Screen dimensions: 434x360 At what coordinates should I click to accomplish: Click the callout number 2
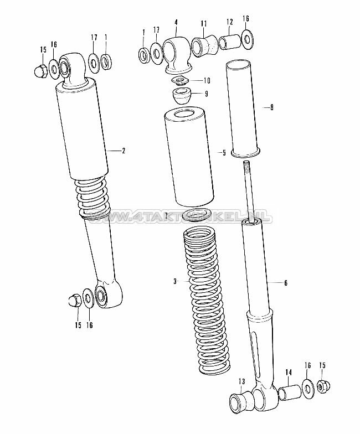tap(123, 150)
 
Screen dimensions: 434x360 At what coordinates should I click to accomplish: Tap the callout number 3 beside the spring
tap(174, 282)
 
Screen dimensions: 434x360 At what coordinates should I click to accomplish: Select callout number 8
tap(272, 107)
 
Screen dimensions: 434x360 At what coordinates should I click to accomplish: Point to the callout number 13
tap(241, 381)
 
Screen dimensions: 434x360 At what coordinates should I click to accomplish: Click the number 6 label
tap(286, 283)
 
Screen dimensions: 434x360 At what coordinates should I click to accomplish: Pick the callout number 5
tap(224, 152)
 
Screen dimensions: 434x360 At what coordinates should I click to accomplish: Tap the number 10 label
tap(208, 80)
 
